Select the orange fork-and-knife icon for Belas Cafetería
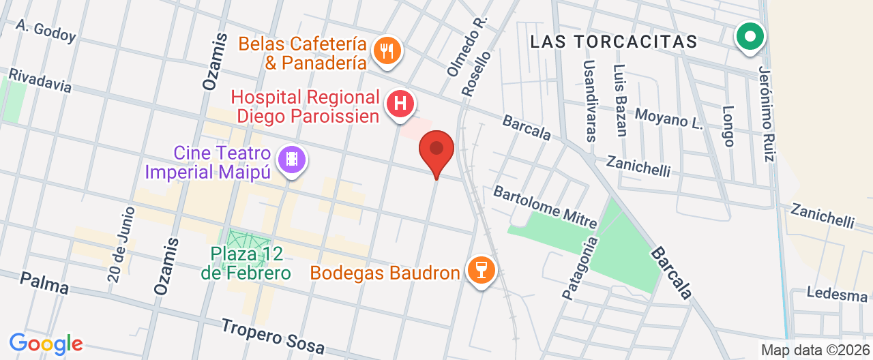pyautogui.click(x=387, y=50)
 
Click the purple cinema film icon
pyautogui.click(x=292, y=160)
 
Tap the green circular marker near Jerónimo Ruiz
pyautogui.click(x=750, y=37)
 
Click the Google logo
pyautogui.click(x=46, y=343)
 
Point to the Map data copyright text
pyautogui.click(x=816, y=350)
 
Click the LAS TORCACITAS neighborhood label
pyautogui.click(x=614, y=42)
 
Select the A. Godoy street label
pyautogui.click(x=46, y=30)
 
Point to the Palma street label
pyautogui.click(x=44, y=283)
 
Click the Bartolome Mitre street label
pyautogui.click(x=545, y=207)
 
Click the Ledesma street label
pyautogui.click(x=836, y=295)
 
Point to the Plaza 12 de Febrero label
pyautogui.click(x=246, y=263)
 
